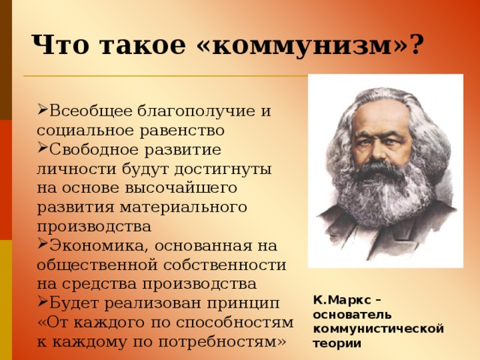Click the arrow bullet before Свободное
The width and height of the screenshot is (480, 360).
[42, 148]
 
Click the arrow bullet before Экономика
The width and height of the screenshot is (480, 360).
[42, 244]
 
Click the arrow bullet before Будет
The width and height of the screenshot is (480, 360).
[42, 302]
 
